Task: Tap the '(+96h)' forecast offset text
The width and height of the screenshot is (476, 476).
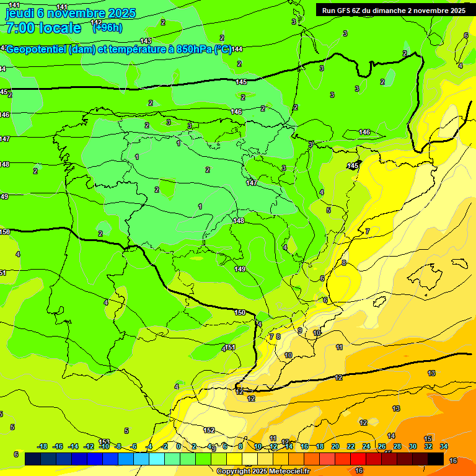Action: pos(107,28)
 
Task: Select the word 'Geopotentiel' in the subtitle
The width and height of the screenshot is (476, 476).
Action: pos(37,49)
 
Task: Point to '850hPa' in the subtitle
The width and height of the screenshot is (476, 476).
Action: pos(192,49)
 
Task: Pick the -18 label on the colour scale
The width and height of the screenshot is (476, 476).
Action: pos(42,446)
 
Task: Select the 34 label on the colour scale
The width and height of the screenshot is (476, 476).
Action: pos(444,446)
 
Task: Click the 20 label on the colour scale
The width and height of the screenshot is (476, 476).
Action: pos(335,446)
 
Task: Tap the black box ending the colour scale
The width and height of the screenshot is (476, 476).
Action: pos(436,459)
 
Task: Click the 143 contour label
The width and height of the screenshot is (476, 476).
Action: pos(146,42)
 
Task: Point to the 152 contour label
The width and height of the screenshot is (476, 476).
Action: pos(209,430)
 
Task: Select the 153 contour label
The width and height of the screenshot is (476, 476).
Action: pos(104,441)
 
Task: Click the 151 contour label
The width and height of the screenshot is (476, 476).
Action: pos(231,347)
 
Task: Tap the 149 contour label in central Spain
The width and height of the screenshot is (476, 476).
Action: pos(240,269)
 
